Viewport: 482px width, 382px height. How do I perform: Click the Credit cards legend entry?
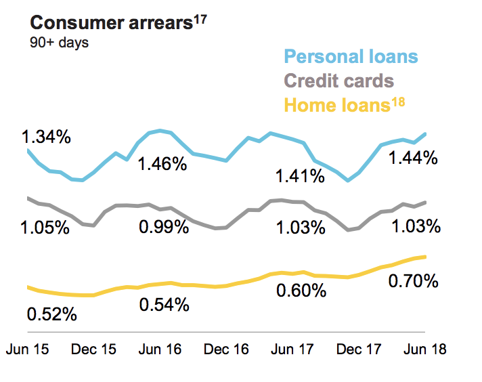click(x=338, y=81)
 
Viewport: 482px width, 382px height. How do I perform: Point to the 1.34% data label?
click(x=46, y=137)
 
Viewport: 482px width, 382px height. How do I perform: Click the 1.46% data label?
click(x=162, y=164)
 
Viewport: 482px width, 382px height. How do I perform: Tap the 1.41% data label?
click(x=300, y=177)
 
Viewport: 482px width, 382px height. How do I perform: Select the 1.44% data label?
click(x=413, y=159)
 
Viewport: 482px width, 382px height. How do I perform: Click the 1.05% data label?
click(x=46, y=227)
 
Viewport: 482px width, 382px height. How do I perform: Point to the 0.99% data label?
click(x=162, y=227)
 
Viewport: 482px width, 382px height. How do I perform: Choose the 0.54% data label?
click(x=164, y=305)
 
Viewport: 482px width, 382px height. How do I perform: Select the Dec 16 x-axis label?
click(x=227, y=350)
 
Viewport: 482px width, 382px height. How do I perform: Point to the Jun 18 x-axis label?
click(x=425, y=350)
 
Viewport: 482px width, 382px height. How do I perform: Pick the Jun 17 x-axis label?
click(x=292, y=350)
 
